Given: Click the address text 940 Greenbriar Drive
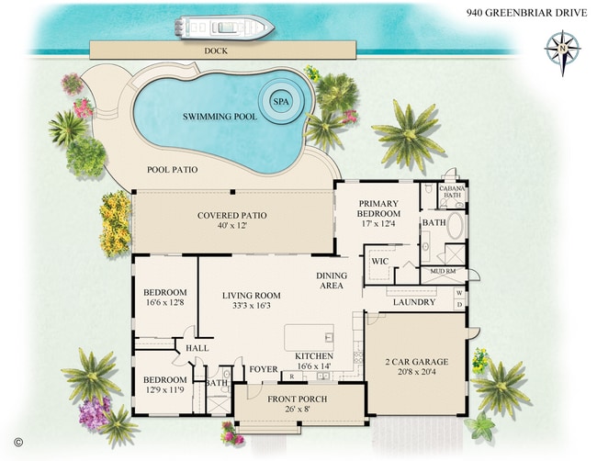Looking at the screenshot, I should [x=524, y=14].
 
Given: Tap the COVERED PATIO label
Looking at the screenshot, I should [x=231, y=216].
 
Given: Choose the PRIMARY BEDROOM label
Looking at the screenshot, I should [x=378, y=209].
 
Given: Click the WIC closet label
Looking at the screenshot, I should [x=380, y=261].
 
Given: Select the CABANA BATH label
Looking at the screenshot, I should [x=453, y=193].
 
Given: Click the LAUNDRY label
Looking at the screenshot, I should [x=413, y=301].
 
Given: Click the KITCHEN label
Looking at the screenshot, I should [x=313, y=355].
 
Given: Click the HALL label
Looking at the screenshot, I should [x=197, y=348].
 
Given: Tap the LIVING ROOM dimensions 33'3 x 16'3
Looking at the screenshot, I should [x=251, y=308].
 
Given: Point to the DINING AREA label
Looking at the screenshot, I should [x=332, y=281].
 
